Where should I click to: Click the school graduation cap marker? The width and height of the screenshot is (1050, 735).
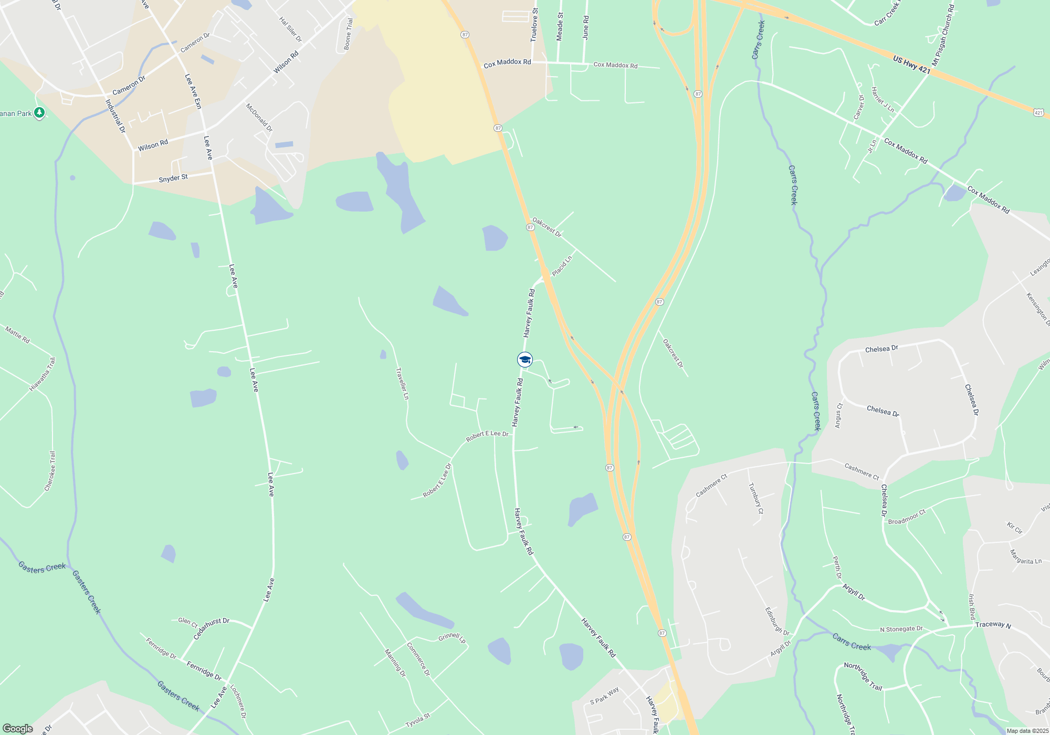coord(525,360)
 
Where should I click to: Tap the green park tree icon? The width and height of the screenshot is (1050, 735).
coord(39,113)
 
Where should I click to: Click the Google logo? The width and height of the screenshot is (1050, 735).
coord(17,729)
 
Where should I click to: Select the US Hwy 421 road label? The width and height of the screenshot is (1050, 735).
coord(911,65)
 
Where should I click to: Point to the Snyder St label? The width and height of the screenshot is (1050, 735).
coord(173,178)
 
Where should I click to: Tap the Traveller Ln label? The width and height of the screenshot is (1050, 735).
coord(402,384)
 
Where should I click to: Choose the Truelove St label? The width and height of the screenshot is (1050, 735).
coord(534,25)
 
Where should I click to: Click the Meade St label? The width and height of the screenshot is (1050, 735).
coord(560,27)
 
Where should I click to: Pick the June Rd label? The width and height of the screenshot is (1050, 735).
coord(586,28)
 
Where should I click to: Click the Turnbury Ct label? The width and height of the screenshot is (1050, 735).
coord(756,498)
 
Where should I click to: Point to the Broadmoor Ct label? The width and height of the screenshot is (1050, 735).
coord(907,517)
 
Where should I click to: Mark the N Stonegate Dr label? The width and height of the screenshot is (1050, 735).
coord(901,629)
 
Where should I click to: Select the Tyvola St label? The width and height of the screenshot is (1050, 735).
coord(417,720)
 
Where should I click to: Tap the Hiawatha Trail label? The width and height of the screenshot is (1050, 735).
coord(43,374)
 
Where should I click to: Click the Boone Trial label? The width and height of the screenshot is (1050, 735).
coord(348,34)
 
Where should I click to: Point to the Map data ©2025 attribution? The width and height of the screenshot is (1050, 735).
coord(1027,731)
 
